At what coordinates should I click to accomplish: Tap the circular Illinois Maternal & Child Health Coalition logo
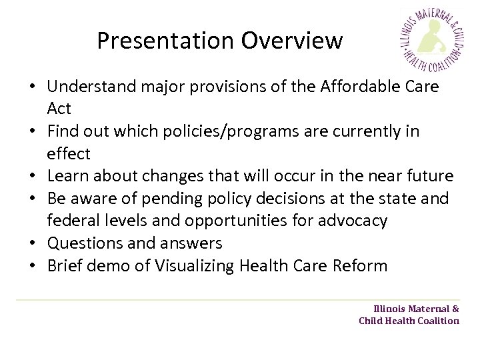[x=432, y=41]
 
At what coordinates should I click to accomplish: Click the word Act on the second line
[x=59, y=108]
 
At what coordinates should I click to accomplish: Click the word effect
[x=68, y=153]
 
